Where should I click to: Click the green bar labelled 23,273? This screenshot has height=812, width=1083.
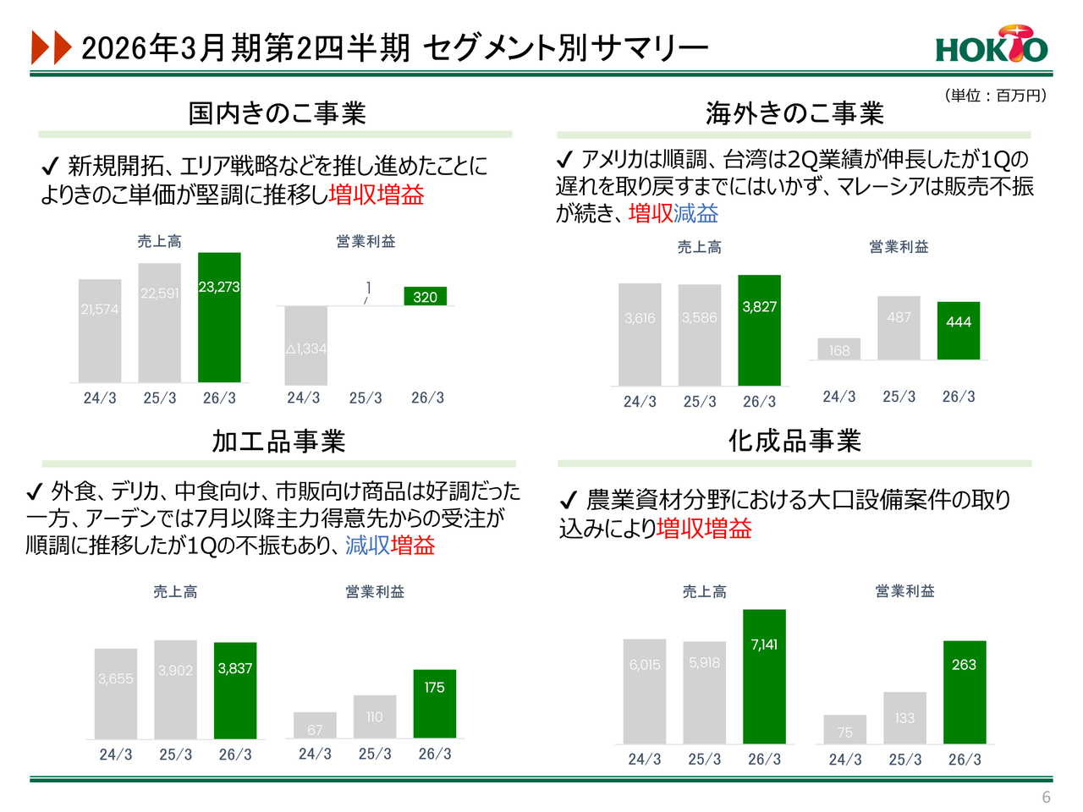coord(219,317)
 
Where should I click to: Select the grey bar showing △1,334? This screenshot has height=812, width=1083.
coord(305,345)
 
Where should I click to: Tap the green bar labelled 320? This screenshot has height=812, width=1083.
coord(425,296)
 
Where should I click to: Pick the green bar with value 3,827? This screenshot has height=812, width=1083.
coord(759,330)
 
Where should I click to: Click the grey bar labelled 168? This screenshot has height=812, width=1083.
coord(838,349)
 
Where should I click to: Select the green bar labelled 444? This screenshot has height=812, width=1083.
coord(958,331)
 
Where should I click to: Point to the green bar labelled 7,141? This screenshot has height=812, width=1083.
coord(764,676)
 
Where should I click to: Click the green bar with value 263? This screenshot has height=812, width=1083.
coord(964,692)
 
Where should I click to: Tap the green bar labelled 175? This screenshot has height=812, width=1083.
coord(434,704)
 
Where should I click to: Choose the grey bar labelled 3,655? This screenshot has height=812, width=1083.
coord(116,694)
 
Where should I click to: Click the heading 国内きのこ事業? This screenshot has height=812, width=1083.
coord(277,113)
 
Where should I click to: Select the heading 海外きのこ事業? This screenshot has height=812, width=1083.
coord(794,113)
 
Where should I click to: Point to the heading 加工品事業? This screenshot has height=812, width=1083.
coord(278,442)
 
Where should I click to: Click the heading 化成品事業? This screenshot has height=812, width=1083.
coord(794,441)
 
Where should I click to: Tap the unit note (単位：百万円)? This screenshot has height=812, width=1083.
coord(995,96)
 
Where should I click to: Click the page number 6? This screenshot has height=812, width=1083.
coord(1046,797)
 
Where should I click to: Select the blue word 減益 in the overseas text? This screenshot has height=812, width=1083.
coord(696,213)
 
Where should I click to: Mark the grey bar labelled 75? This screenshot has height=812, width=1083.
coord(844,730)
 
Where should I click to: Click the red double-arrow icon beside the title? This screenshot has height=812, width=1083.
coord(51,47)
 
